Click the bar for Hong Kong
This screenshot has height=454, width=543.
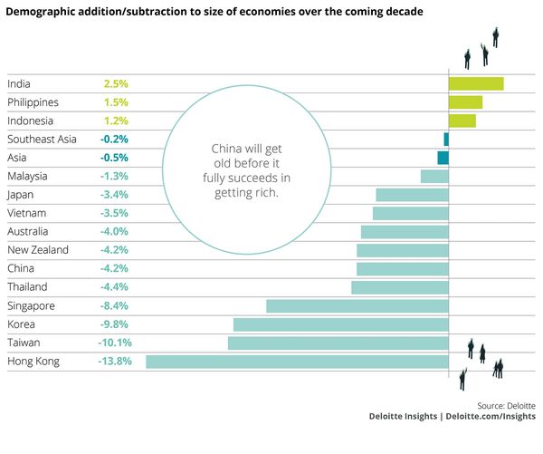(297, 362)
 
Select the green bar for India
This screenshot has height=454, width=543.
(476, 84)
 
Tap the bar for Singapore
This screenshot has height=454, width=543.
(357, 306)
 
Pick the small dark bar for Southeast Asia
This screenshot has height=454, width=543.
(446, 140)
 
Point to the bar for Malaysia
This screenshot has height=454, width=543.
(434, 177)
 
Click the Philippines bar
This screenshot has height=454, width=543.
(465, 102)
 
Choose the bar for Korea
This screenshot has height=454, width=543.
(341, 324)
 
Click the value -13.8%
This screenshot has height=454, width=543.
(115, 362)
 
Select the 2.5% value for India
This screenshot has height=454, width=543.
(116, 84)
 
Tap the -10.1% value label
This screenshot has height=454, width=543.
(115, 343)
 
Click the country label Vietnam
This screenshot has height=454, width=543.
(28, 213)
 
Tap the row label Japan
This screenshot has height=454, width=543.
(22, 195)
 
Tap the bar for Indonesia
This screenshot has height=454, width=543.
(462, 121)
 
